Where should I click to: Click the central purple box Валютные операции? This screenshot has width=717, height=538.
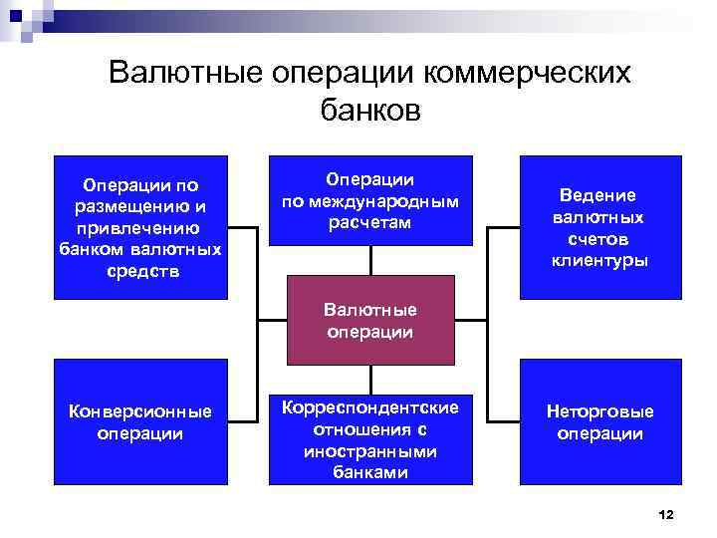point(370,321)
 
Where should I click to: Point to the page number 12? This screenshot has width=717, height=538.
point(667,514)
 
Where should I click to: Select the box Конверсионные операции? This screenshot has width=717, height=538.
point(139,421)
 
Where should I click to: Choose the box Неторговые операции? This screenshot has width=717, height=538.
point(599,421)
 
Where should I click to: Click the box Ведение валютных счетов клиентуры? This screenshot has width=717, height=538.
point(599,227)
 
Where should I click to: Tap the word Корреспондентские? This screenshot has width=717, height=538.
point(370,408)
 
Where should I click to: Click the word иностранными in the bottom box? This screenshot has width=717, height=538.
point(370,451)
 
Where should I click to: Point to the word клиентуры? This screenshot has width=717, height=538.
point(599,261)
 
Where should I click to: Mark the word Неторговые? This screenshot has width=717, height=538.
point(599,411)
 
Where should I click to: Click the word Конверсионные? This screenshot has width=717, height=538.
point(139,411)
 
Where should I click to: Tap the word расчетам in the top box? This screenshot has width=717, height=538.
point(369,221)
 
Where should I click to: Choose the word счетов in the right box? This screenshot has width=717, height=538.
point(599,239)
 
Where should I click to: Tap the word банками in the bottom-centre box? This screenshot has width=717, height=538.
point(370,472)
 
